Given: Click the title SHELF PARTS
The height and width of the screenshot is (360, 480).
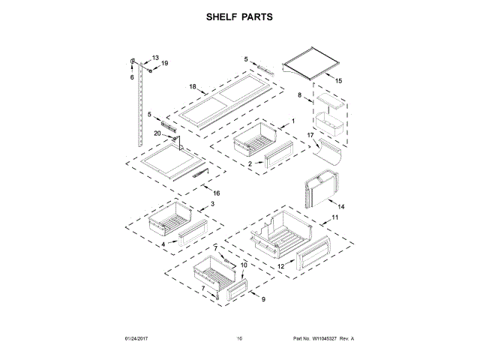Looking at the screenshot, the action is click(240, 16).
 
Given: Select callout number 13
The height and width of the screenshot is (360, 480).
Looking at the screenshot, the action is click(156, 58).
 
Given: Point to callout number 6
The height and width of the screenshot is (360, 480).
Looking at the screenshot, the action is click(131, 76).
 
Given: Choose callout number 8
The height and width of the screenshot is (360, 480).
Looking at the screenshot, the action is click(300, 96).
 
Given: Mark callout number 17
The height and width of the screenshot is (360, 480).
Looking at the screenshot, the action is click(309, 134).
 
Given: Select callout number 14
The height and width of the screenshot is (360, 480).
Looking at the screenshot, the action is click(340, 206).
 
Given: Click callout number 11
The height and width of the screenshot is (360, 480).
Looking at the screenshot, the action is click(335, 217).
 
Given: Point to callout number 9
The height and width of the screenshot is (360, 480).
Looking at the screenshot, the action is click(263, 299).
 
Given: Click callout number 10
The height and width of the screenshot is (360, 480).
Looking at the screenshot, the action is click(243, 265).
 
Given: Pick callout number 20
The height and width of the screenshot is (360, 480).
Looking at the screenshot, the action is click(157, 133).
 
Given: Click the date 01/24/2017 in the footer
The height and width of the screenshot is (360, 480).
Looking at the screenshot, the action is click(132, 338).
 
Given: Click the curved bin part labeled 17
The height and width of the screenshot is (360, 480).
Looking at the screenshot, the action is click(328, 149).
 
